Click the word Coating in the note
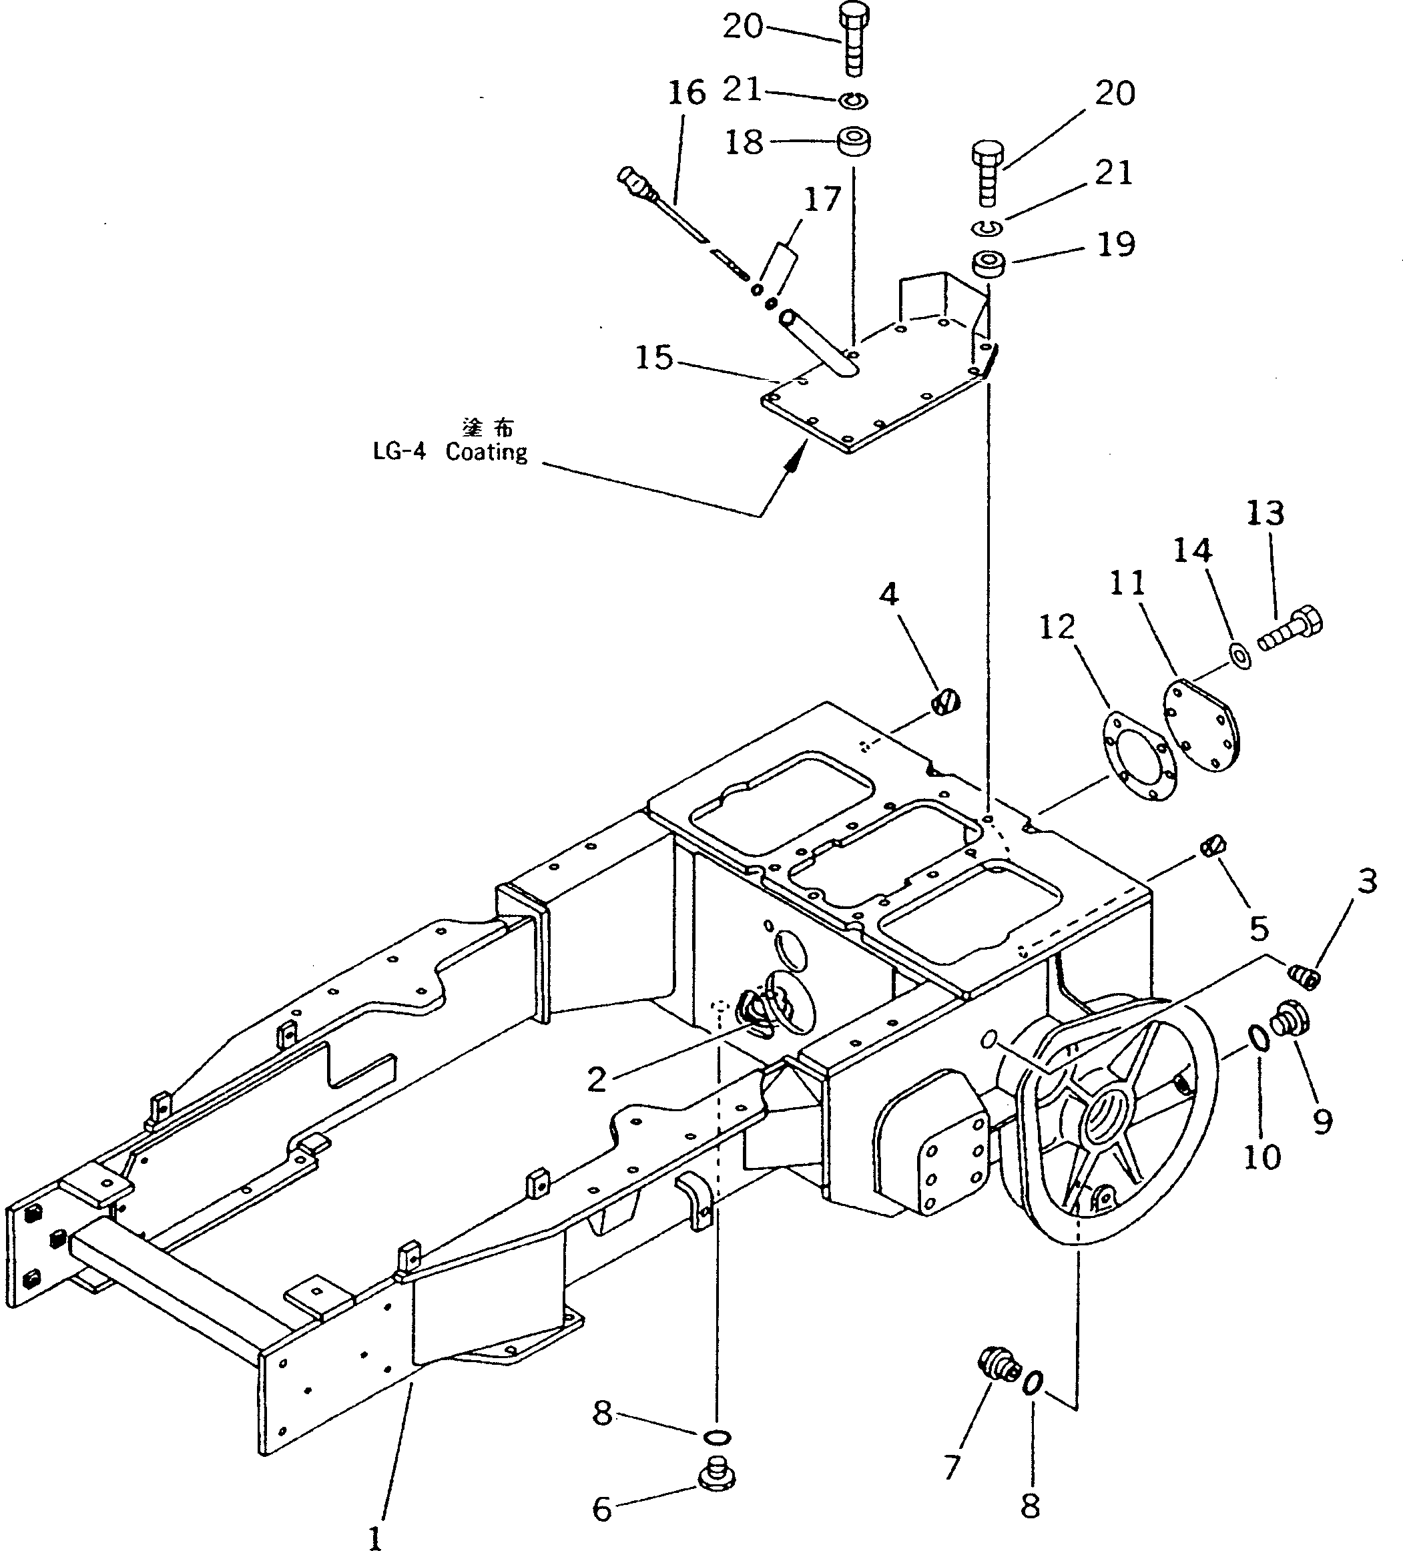(487, 452)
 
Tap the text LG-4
(398, 452)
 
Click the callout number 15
(654, 358)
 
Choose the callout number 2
(597, 1079)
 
